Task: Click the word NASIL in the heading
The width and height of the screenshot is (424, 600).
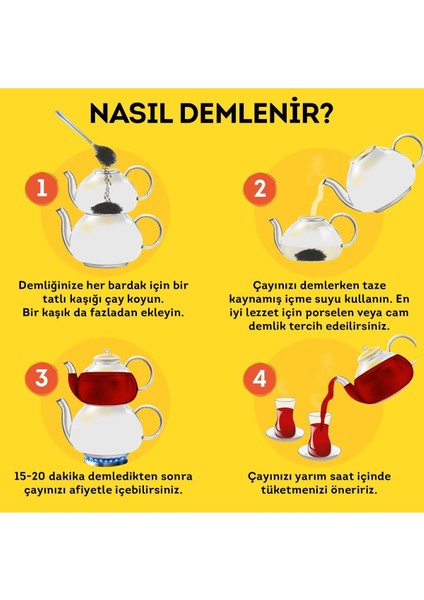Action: (x=139, y=114)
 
